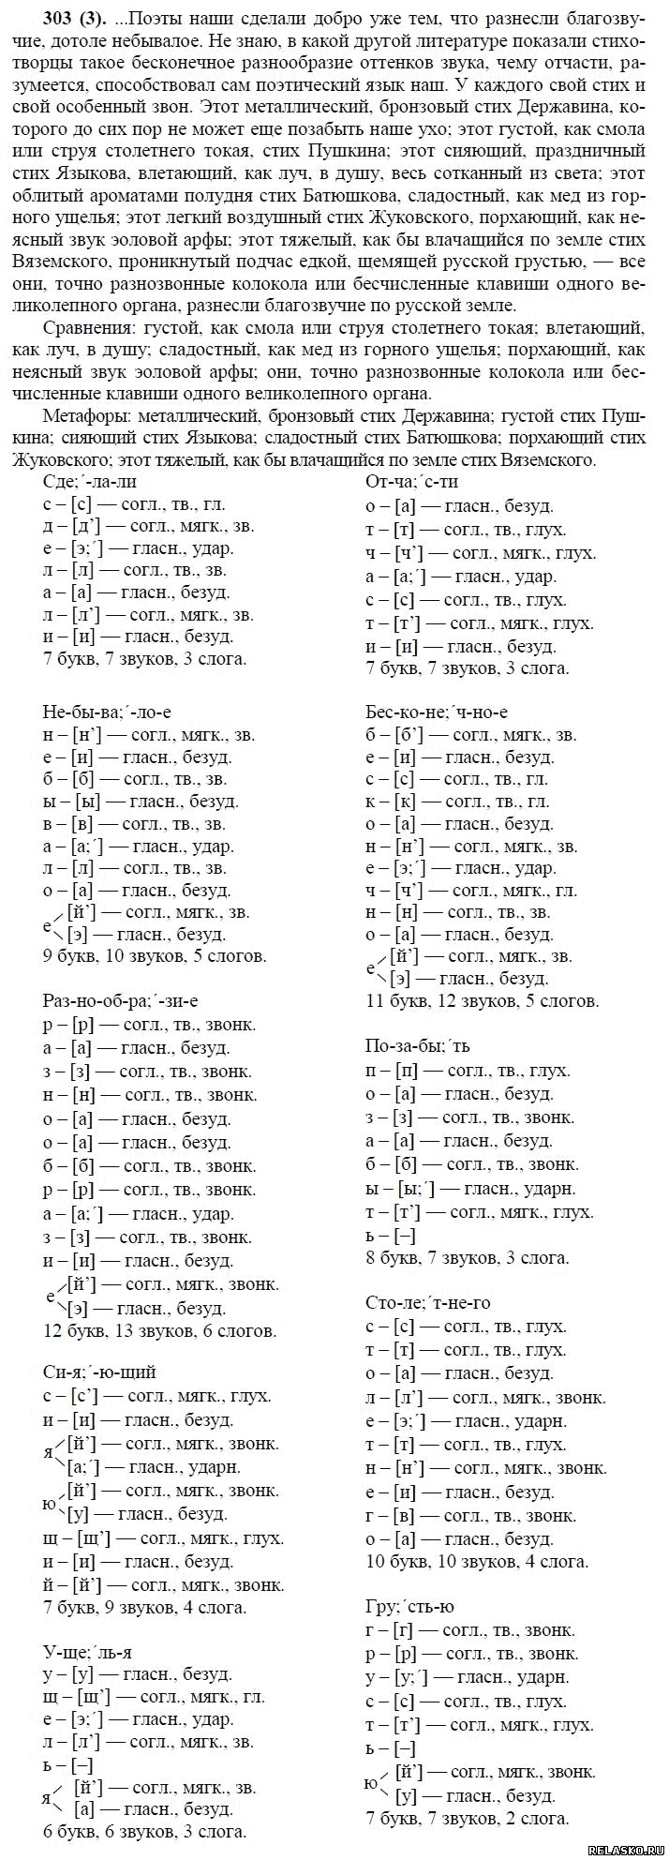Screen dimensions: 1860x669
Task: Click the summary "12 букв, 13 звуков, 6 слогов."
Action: pos(159,1330)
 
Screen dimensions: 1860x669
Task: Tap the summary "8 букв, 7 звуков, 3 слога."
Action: pos(467,1258)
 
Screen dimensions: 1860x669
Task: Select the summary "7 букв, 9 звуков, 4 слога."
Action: pos(145,1607)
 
